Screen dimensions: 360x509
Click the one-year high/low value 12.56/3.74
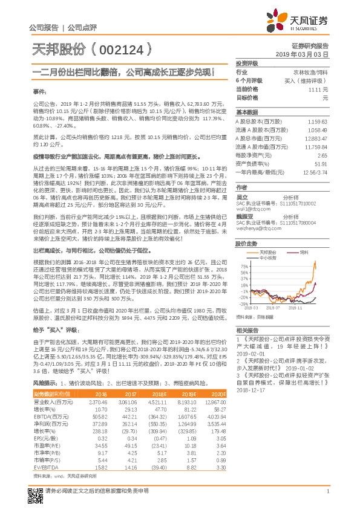click(x=314, y=172)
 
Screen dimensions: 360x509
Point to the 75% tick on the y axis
click(x=243, y=265)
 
